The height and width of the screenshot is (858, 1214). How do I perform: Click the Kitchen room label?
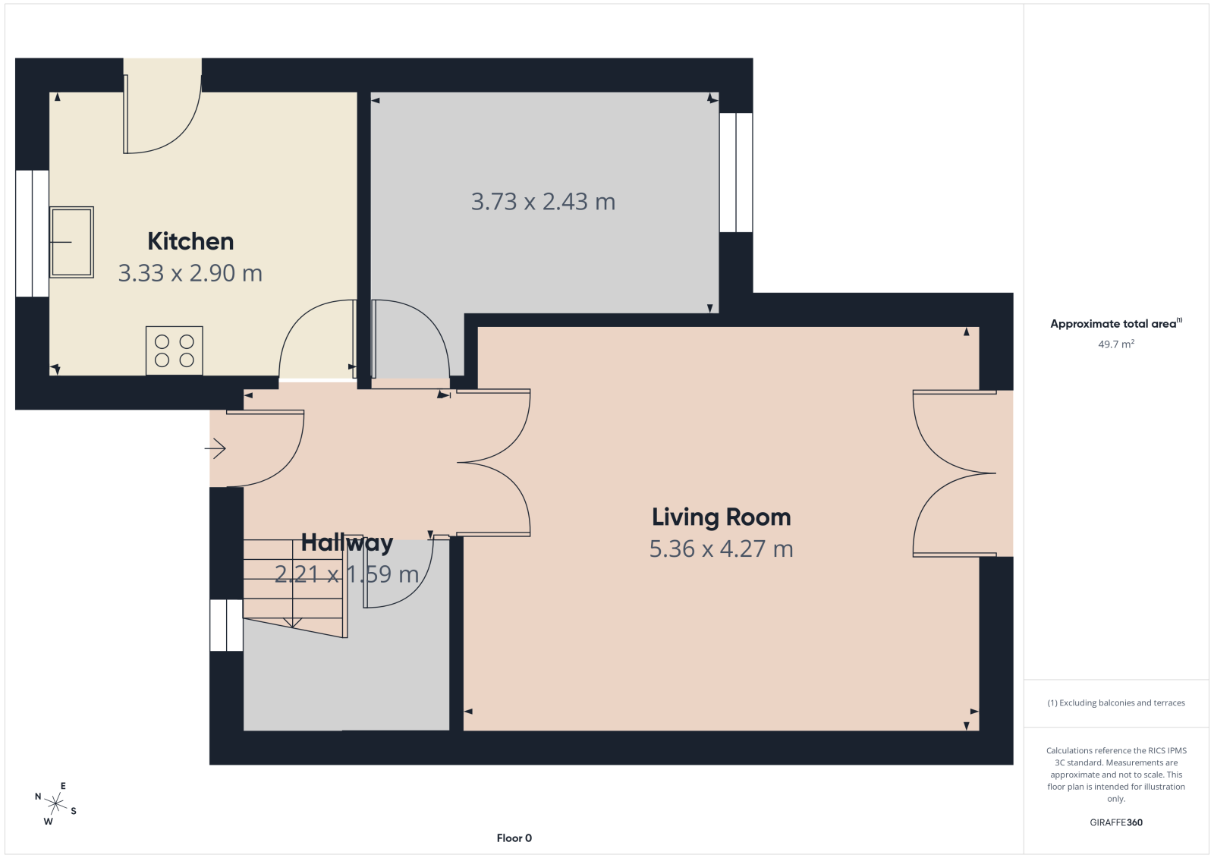(x=190, y=242)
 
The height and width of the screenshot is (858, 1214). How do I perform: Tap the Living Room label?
(x=722, y=517)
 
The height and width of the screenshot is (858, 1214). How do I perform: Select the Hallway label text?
(x=347, y=542)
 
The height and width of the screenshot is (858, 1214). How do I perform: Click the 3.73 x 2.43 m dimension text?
(x=543, y=202)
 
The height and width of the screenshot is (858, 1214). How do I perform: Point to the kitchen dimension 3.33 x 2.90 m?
(x=190, y=272)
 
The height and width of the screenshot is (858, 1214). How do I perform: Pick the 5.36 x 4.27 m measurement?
(x=722, y=548)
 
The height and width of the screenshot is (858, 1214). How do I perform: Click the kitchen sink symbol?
(x=71, y=242)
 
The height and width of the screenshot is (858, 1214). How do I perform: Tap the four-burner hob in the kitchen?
(x=174, y=350)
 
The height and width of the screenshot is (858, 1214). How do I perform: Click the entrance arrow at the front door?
(x=215, y=448)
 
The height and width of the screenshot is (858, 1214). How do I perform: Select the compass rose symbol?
(x=56, y=803)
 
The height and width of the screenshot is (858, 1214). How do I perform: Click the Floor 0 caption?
(x=514, y=838)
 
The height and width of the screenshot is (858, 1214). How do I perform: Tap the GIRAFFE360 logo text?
(x=1116, y=822)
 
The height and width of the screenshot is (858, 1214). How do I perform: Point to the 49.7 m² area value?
(x=1116, y=344)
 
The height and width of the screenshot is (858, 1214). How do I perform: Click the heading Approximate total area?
(x=1116, y=324)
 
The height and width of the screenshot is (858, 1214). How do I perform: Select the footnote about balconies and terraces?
(x=1116, y=702)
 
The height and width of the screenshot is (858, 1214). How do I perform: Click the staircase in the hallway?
(x=295, y=588)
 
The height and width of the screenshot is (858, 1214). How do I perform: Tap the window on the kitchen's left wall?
(x=33, y=234)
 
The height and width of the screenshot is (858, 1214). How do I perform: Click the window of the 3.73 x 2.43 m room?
(x=736, y=172)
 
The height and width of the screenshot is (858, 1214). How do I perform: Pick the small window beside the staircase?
(x=227, y=625)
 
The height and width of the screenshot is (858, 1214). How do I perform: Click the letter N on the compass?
(x=38, y=797)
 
